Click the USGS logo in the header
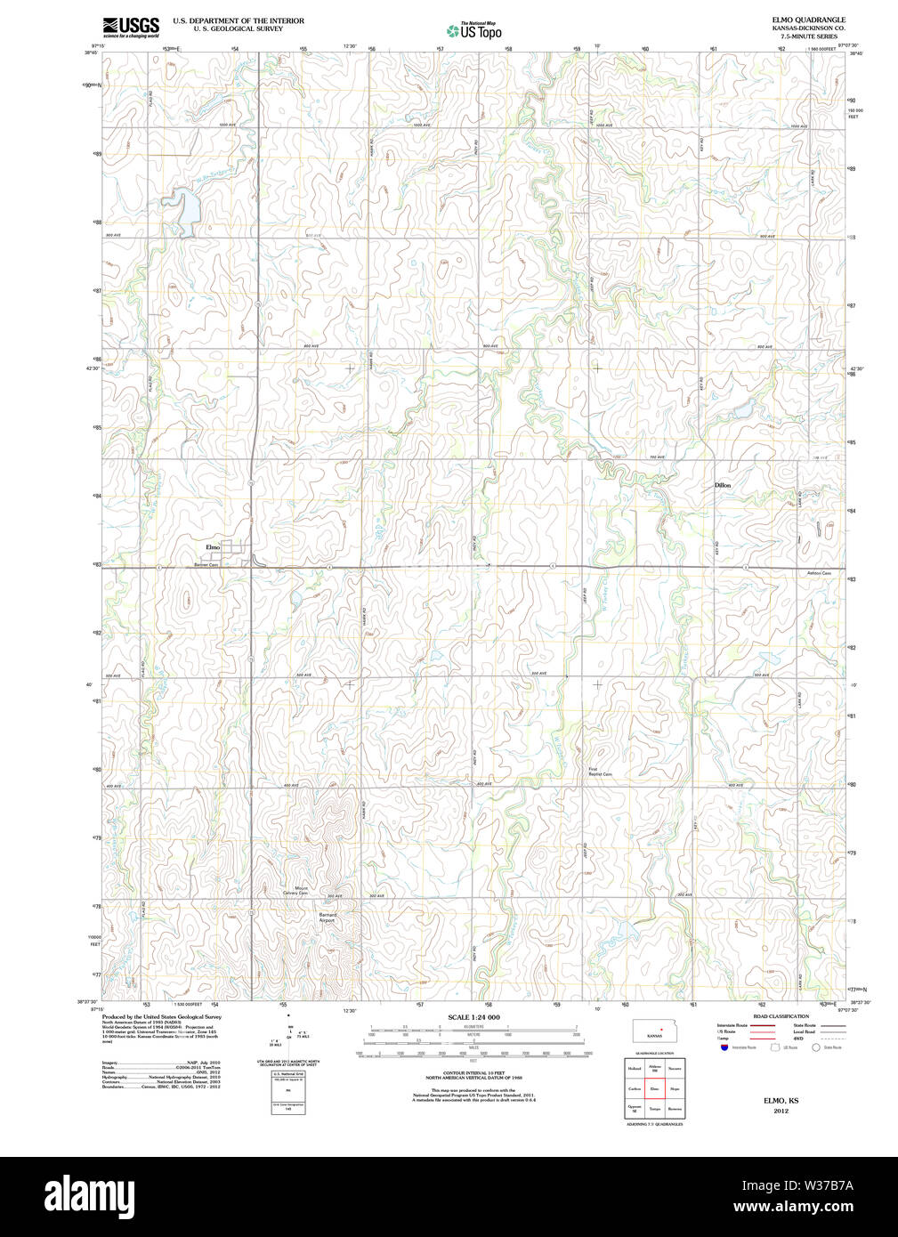click(130, 27)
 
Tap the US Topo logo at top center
click(473, 30)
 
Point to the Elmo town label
click(213, 546)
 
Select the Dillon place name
click(722, 485)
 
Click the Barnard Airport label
click(327, 917)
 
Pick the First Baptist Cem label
click(600, 772)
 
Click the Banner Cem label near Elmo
click(206, 564)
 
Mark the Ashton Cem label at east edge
click(819, 573)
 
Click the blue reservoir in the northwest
click(183, 208)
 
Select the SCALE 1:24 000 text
click(473, 1017)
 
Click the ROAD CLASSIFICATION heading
click(781, 1016)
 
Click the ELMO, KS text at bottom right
click(781, 1101)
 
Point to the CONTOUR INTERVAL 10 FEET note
click(473, 1073)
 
